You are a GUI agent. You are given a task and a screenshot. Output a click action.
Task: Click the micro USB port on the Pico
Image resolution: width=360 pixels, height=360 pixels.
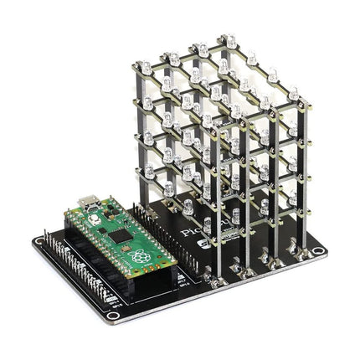(x=88, y=202)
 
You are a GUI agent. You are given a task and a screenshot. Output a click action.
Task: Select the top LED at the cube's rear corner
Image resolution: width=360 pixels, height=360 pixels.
(x=229, y=39)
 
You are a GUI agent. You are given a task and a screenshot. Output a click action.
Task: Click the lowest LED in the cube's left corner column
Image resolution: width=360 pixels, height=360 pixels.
(x=149, y=173)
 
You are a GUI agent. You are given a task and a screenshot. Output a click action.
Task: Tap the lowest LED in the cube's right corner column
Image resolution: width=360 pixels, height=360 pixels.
(x=293, y=201)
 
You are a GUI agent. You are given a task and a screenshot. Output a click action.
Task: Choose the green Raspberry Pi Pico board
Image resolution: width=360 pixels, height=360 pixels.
(x=121, y=238)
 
